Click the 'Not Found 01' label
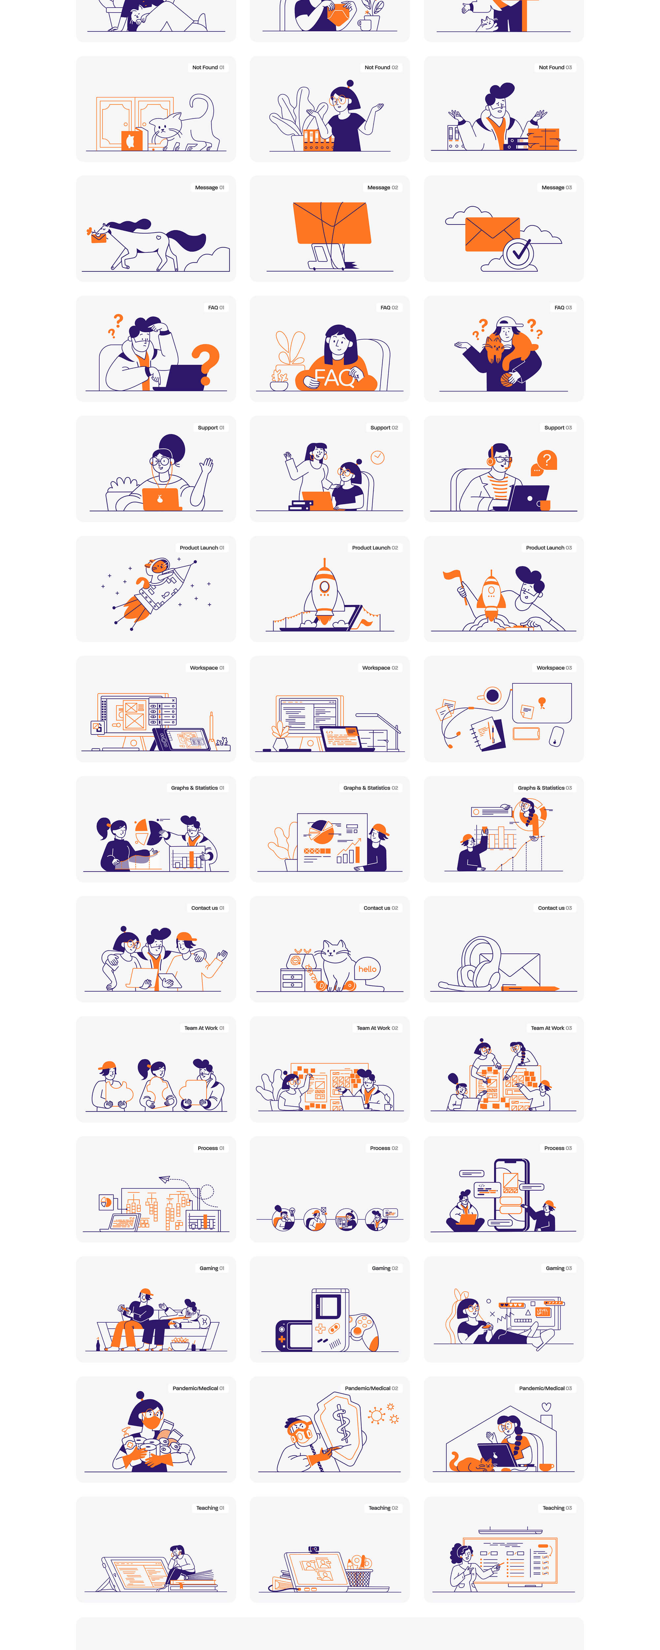pyautogui.click(x=208, y=67)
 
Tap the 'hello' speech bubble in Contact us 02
pyautogui.click(x=367, y=969)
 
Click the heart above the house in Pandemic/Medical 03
pyautogui.click(x=546, y=1406)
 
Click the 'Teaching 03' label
pyautogui.click(x=557, y=1508)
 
